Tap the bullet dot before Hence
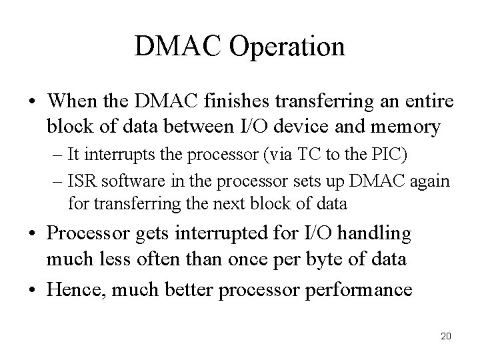[x=32, y=290]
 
